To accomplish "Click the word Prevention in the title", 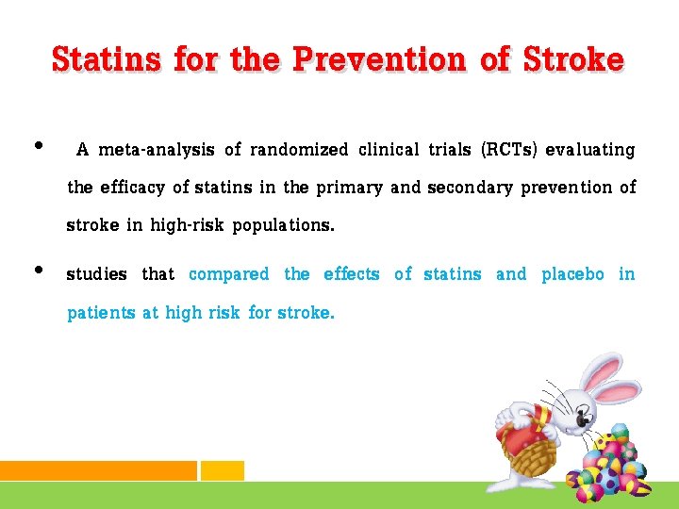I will (379, 59).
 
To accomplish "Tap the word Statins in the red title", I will (108, 59).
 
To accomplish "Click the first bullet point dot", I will (38, 145).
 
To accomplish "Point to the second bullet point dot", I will (38, 270).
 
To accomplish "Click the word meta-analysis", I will (157, 150).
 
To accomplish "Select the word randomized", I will (299, 150).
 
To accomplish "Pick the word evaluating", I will (590, 150).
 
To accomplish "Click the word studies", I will (96, 274).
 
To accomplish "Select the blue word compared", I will (229, 274).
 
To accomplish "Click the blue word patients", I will (101, 313).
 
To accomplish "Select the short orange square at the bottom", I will (223, 470).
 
